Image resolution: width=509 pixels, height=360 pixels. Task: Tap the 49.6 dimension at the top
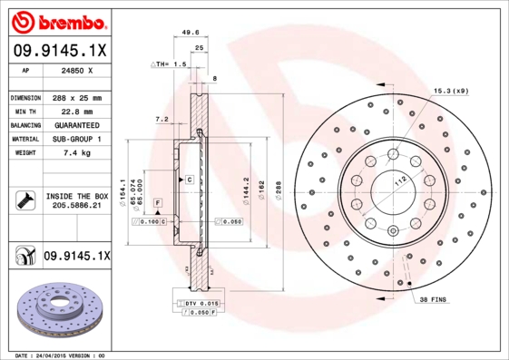tap(191, 32)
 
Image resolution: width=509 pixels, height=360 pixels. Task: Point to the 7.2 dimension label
tap(162, 119)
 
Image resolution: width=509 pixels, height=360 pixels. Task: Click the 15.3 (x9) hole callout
tap(451, 91)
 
